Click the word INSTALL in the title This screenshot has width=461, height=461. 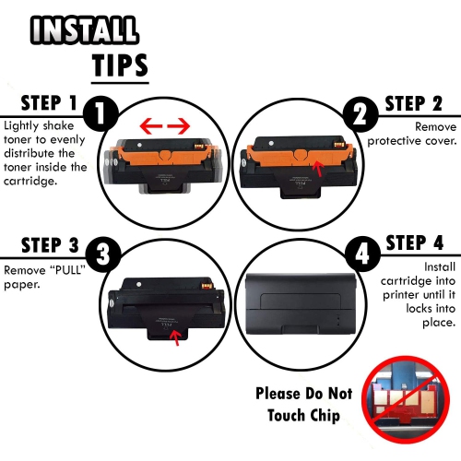pos(85,30)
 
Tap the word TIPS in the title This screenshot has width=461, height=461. pos(120,65)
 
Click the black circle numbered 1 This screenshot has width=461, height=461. pos(100,113)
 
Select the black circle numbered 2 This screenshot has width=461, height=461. pos(361,114)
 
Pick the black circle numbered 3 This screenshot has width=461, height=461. pos(102,254)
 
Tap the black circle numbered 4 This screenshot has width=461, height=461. pos(362,254)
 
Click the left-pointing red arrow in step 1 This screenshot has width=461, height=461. pos(151,126)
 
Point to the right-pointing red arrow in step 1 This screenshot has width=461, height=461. pos(179,126)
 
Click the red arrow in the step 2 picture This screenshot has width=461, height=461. pos(318,170)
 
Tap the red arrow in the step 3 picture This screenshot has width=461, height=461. pos(175,337)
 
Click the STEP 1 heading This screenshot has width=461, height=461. pos(49,103)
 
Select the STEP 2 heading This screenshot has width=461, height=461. pos(414,103)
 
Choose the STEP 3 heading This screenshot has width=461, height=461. pos(50,245)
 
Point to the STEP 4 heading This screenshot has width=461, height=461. pos(415,243)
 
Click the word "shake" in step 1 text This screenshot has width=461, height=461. pos(59,125)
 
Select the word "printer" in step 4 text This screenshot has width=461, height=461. pos(401,295)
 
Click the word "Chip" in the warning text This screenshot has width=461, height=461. pos(325,416)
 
